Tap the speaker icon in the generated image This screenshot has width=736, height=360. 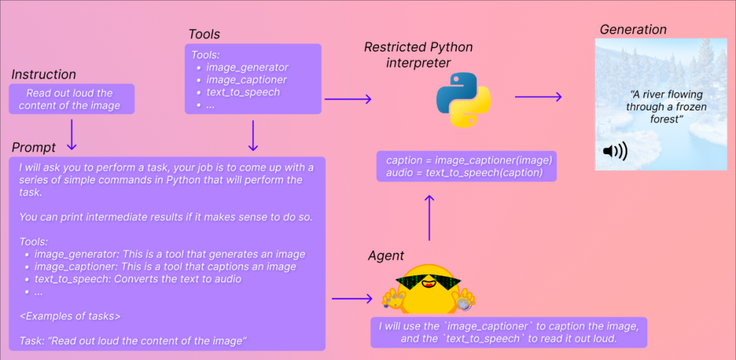coord(615,151)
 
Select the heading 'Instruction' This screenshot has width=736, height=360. coord(44,74)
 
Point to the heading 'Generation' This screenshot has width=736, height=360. coord(633,29)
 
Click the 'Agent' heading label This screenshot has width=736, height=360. coord(386,256)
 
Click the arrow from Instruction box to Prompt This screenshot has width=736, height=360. coord(72,134)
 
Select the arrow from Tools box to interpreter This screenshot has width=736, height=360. coord(348,100)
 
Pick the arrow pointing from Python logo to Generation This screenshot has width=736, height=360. coord(538,97)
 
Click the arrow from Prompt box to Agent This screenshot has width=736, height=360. coord(352,299)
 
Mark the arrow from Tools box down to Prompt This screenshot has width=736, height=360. coord(253,135)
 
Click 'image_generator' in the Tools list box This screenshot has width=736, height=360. coord(247,67)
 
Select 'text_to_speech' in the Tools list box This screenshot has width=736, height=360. coord(243,92)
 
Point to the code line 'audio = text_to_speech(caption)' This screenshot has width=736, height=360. coord(464,172)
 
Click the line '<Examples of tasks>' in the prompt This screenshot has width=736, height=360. coord(70,316)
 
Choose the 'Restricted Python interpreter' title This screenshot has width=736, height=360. coord(418,55)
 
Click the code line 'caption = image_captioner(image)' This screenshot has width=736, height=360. coord(468,160)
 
